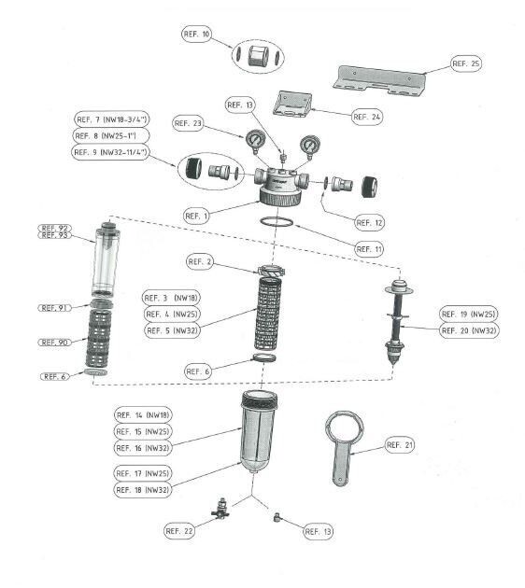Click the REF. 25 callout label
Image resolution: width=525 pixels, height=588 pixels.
click(x=466, y=63)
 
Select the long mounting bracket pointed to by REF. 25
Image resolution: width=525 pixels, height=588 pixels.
click(x=380, y=80)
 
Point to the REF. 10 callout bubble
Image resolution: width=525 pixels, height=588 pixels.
click(x=196, y=35)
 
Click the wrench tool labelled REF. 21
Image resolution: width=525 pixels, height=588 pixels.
click(x=343, y=447)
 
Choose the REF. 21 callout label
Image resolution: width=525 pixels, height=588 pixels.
click(x=400, y=445)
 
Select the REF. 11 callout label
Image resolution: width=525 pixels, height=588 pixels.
click(x=369, y=249)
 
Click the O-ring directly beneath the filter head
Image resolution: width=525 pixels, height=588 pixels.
click(x=277, y=221)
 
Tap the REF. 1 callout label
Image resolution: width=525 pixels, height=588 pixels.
click(x=196, y=216)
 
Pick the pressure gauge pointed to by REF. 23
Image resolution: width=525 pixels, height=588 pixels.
click(x=256, y=141)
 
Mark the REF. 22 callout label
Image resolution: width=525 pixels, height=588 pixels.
click(x=179, y=531)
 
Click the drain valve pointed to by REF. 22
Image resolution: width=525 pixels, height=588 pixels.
click(x=220, y=509)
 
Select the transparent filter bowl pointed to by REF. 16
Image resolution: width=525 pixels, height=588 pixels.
click(x=259, y=431)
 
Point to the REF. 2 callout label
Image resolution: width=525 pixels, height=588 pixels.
click(x=200, y=261)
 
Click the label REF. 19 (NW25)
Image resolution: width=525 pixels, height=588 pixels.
click(x=469, y=314)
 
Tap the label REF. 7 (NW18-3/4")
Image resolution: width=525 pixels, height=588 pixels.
click(x=112, y=119)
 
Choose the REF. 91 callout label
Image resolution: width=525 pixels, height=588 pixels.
click(x=55, y=308)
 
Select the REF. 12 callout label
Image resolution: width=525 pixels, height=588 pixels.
click(x=369, y=223)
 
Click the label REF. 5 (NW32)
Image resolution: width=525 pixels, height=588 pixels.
click(x=172, y=330)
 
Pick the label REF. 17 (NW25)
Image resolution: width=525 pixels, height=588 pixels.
click(x=143, y=473)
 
